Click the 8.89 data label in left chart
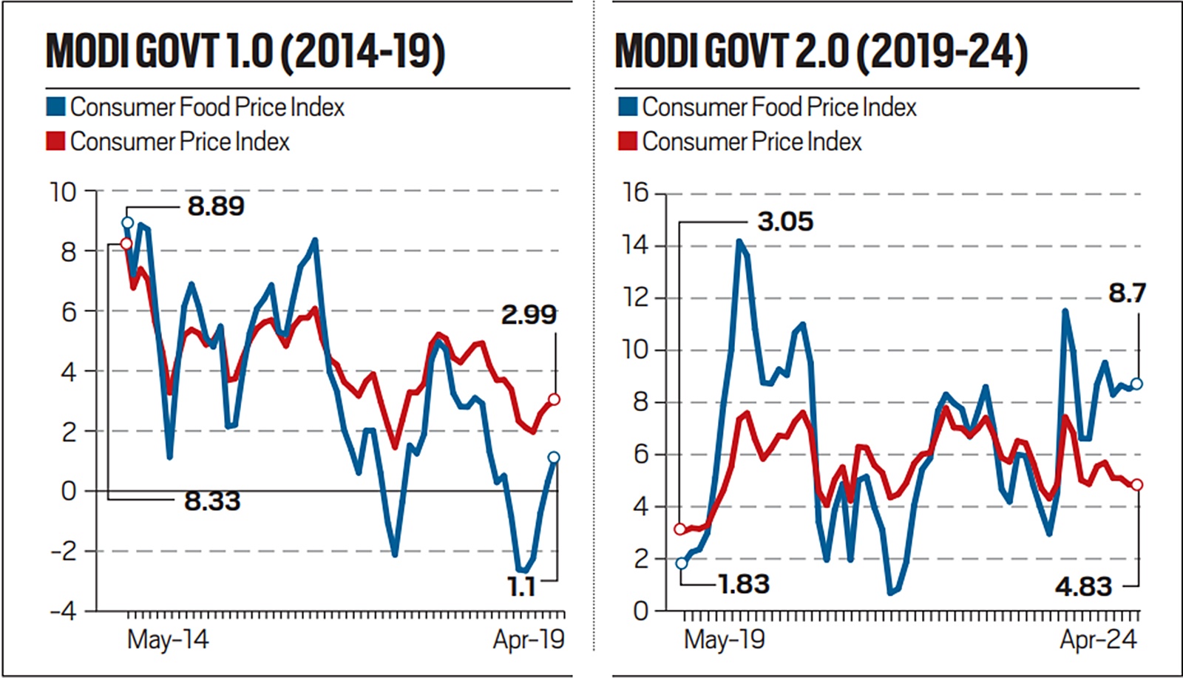tap(215, 206)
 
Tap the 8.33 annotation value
tap(212, 501)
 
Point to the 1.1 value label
tap(521, 586)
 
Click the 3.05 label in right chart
tap(784, 221)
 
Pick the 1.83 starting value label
tap(744, 584)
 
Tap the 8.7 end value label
tap(1127, 294)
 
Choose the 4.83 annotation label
tap(1083, 586)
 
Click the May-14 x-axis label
tap(168, 639)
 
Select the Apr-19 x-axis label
tap(529, 639)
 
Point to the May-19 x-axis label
tap(724, 639)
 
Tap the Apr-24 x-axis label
tap(1098, 639)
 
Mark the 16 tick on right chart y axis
tap(635, 193)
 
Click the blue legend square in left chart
tap(55, 106)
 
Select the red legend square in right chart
tap(628, 140)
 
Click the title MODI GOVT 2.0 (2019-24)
tap(821, 52)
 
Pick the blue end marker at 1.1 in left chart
tap(554, 457)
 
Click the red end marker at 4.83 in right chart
tap(1136, 484)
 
